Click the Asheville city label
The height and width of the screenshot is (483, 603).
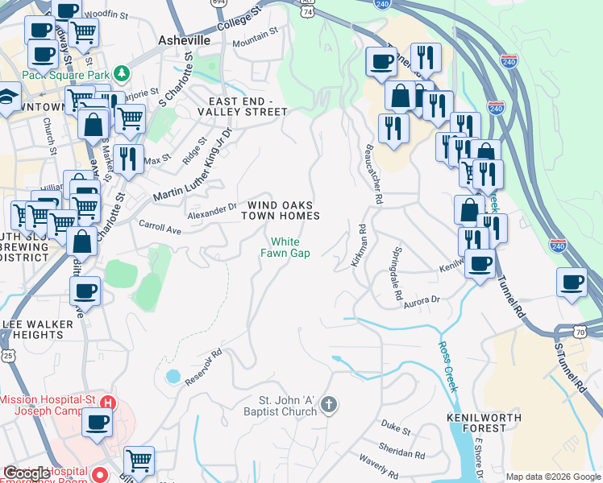(185, 40)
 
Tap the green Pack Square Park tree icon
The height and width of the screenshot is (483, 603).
(121, 74)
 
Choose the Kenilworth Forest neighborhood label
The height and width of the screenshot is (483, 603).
(476, 423)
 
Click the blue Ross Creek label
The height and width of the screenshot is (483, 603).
(448, 365)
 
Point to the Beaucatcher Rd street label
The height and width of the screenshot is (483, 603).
(372, 173)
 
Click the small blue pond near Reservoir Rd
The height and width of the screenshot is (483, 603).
(172, 376)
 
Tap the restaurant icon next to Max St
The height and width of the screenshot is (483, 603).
(128, 159)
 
